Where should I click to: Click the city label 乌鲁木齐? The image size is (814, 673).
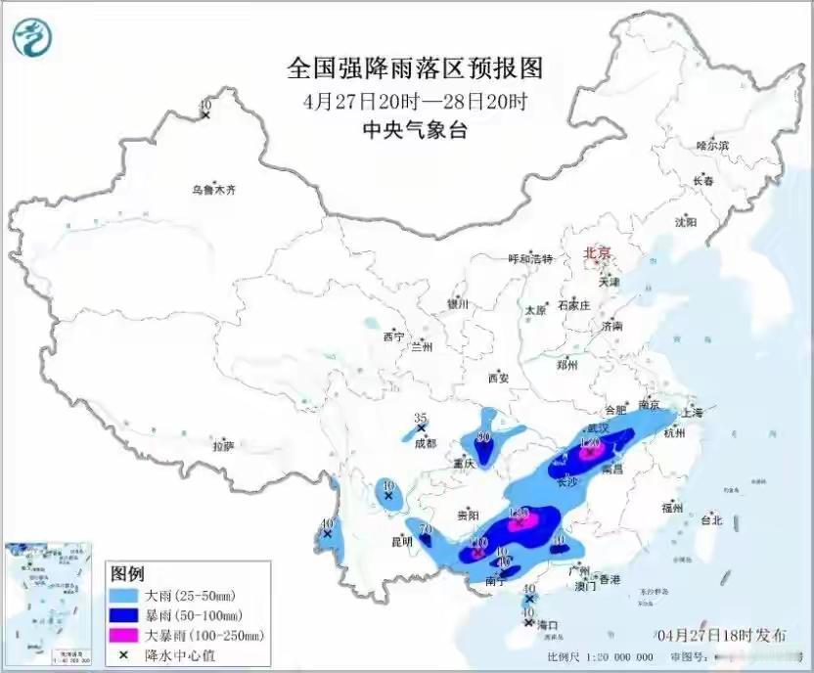coord(213,190)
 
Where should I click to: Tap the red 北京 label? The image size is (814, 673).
coord(597,253)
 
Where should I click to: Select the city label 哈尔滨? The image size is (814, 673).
coord(712,146)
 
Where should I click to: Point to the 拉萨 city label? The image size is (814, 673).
coord(223,446)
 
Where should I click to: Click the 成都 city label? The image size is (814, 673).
coord(425,442)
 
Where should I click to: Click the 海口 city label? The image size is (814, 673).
coord(546,624)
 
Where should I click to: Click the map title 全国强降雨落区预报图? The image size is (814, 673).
coord(414,68)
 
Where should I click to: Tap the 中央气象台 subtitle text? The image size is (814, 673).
coord(415,129)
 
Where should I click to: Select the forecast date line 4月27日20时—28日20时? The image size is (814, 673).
coord(415,100)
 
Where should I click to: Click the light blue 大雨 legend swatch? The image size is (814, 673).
coord(124,595)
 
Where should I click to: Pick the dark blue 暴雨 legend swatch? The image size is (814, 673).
coord(124,615)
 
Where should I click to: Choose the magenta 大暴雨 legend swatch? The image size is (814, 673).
coord(124,636)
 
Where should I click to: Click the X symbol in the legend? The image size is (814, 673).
coord(124,655)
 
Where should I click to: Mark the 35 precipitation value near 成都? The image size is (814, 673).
coord(421,418)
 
